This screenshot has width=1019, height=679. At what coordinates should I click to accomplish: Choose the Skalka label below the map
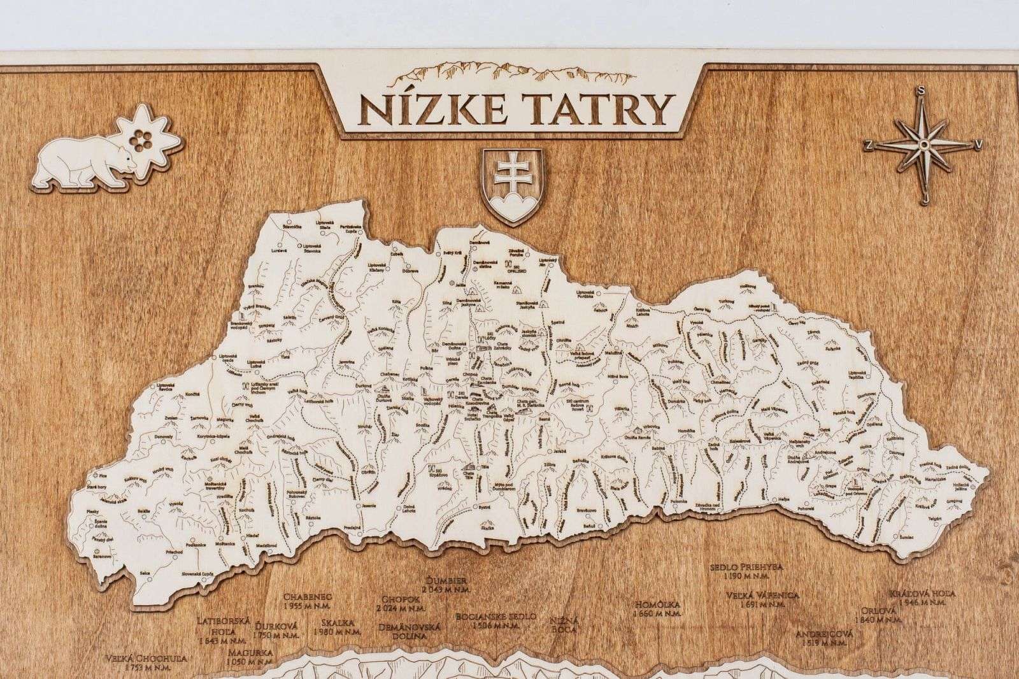tap(335, 625)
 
